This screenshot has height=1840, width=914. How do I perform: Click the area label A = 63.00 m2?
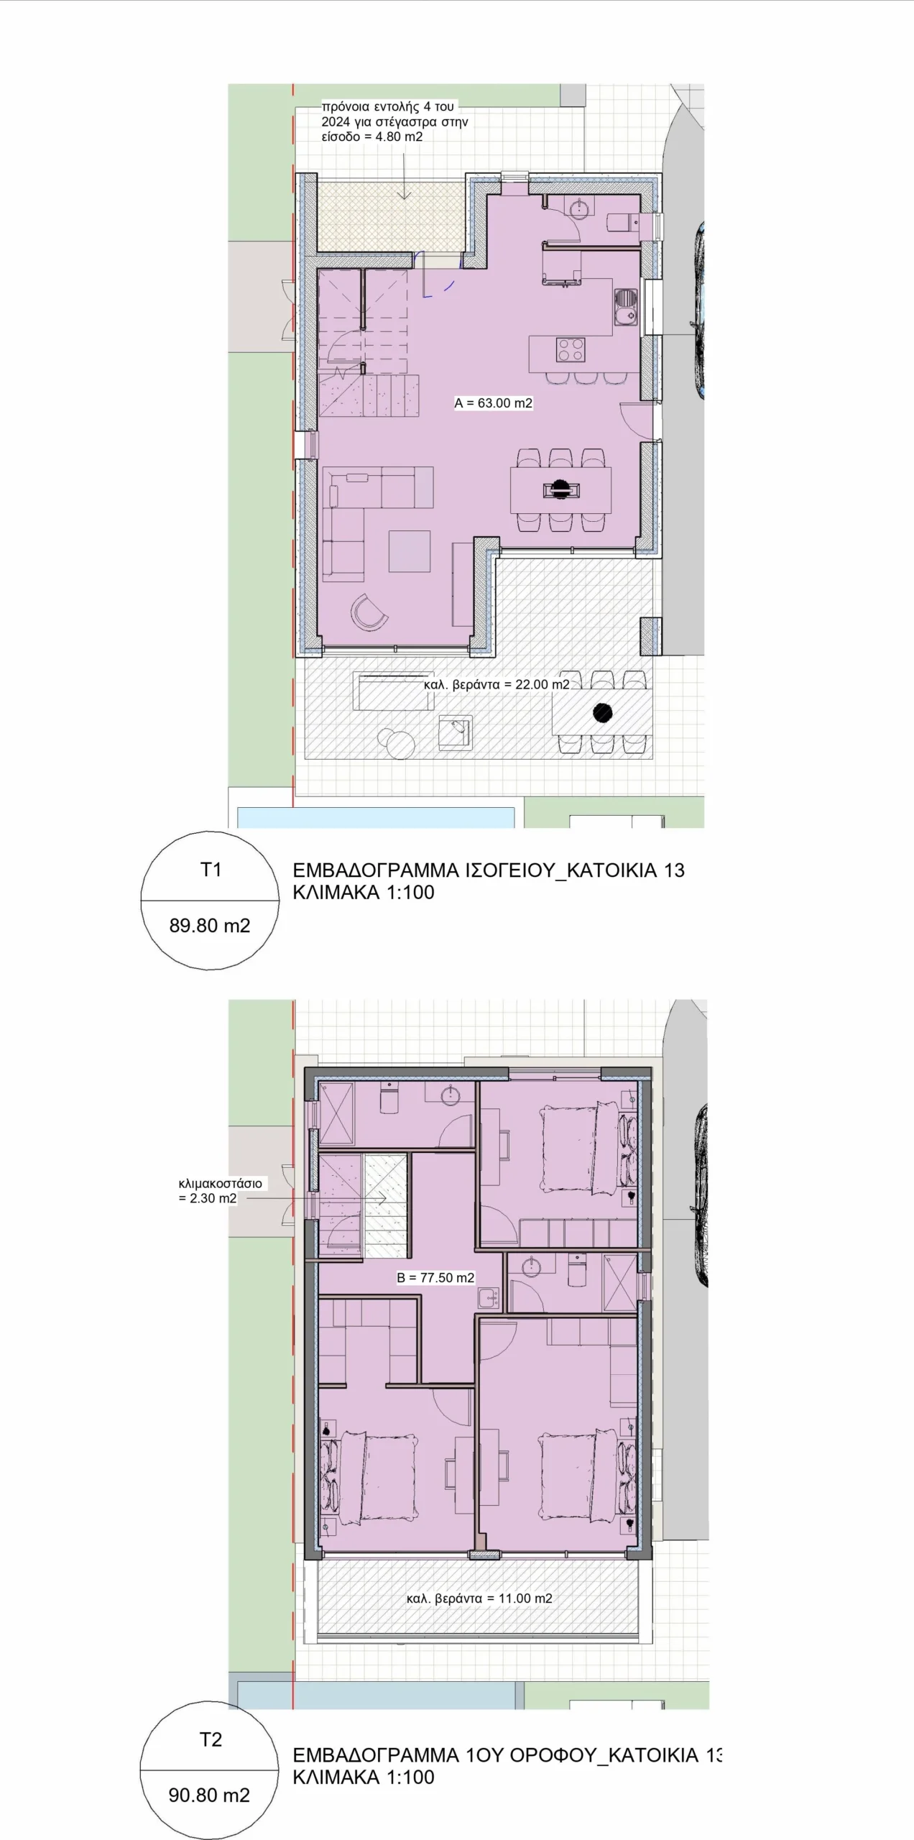(x=493, y=403)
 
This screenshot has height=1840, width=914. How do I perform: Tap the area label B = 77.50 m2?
(x=435, y=1278)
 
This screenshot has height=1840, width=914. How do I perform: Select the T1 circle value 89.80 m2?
(x=210, y=926)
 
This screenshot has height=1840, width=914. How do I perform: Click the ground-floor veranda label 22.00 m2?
(x=497, y=684)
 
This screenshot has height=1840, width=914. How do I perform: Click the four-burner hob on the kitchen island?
(x=571, y=350)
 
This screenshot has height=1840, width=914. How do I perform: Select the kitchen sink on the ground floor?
(x=626, y=305)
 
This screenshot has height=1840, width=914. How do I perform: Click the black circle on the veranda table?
(x=603, y=712)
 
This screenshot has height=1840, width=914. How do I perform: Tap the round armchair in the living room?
(x=369, y=612)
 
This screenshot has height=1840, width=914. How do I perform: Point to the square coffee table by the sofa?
(x=410, y=551)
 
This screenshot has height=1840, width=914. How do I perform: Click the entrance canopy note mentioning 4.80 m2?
(x=394, y=121)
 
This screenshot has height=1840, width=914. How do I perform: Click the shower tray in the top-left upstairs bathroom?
(x=336, y=1113)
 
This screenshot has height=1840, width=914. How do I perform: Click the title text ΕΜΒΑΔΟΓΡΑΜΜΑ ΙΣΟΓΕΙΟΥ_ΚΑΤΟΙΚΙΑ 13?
(x=489, y=870)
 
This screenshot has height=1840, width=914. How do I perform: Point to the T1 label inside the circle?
(x=211, y=870)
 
